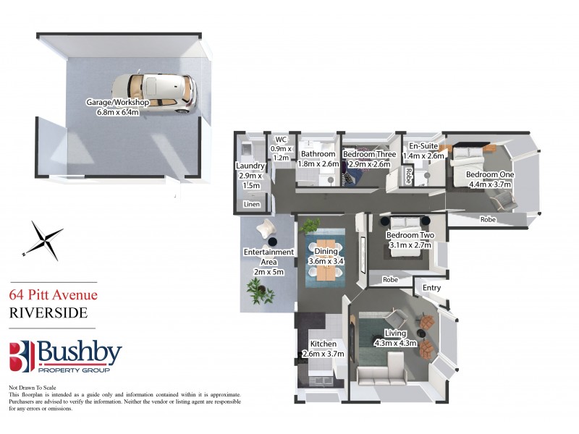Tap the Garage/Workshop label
[x=117, y=103]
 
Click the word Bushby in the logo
[x=79, y=354]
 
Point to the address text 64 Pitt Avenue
[x=53, y=294]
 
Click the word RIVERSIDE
[x=48, y=312]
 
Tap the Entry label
[x=431, y=288]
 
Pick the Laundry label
[x=250, y=166]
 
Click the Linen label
[x=251, y=205]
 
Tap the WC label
[x=279, y=140]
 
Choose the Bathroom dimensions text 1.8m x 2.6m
[x=318, y=164]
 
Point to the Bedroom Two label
[x=410, y=236]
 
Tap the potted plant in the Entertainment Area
[x=257, y=291]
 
